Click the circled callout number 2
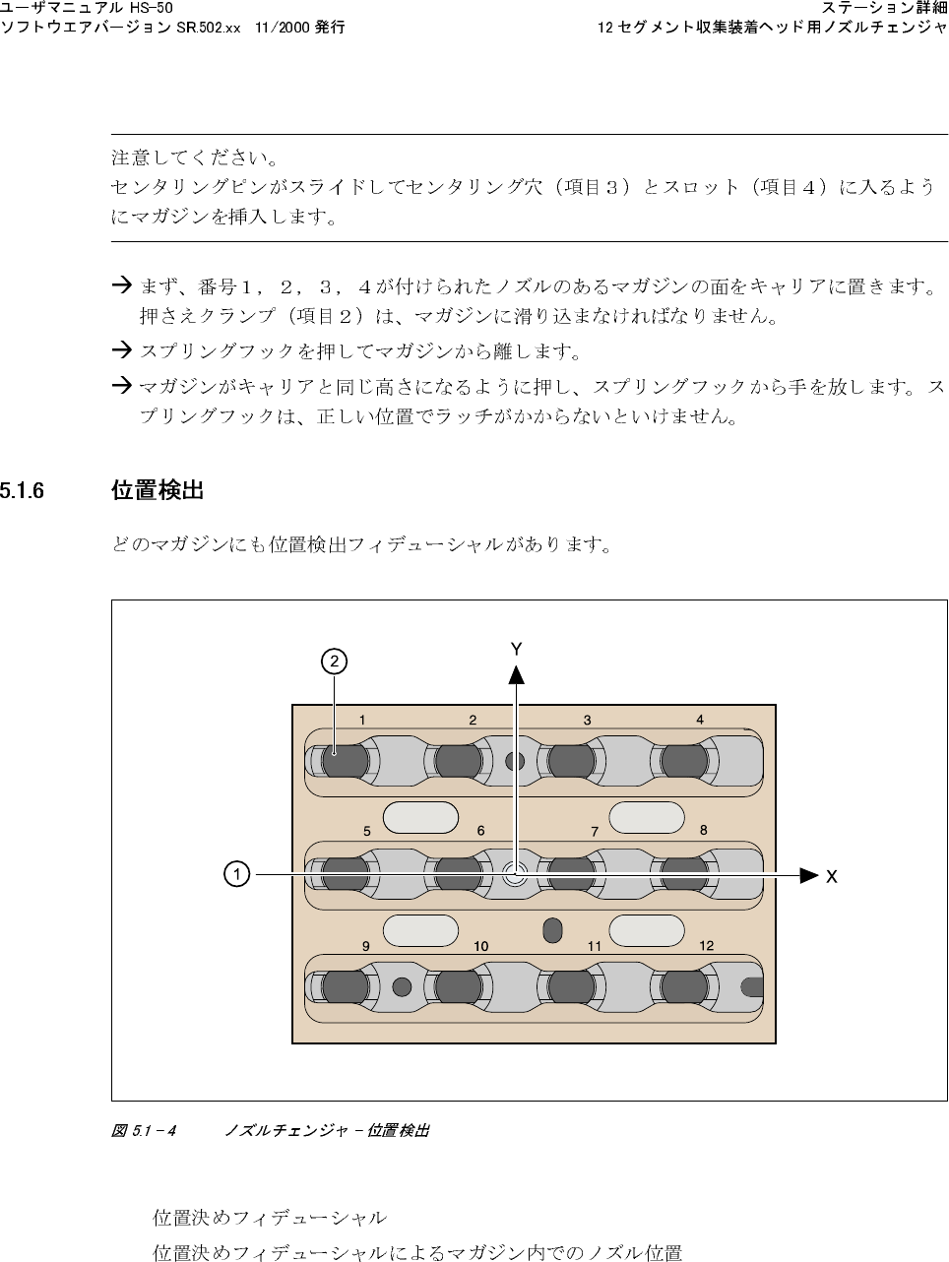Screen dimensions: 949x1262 point(335,662)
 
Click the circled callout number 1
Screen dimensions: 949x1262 point(236,874)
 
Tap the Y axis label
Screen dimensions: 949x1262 point(516,649)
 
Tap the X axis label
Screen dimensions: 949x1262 point(832,876)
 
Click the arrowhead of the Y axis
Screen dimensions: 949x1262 point(516,673)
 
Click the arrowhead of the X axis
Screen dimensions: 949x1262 point(809,874)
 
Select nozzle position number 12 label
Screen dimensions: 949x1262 point(707,945)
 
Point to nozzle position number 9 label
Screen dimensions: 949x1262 point(365,945)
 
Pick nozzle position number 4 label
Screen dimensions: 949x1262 point(700,720)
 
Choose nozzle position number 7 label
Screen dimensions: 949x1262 point(595,832)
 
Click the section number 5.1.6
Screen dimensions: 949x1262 point(22,490)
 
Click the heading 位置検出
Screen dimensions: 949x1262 point(158,490)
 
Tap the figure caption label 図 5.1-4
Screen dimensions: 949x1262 point(144,1131)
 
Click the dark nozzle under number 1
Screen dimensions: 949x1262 point(345,761)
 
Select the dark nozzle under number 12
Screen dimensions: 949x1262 point(685,986)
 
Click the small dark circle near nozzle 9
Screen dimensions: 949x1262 point(401,985)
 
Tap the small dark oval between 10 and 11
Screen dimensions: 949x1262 point(552,930)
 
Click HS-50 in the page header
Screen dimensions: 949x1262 point(158,9)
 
